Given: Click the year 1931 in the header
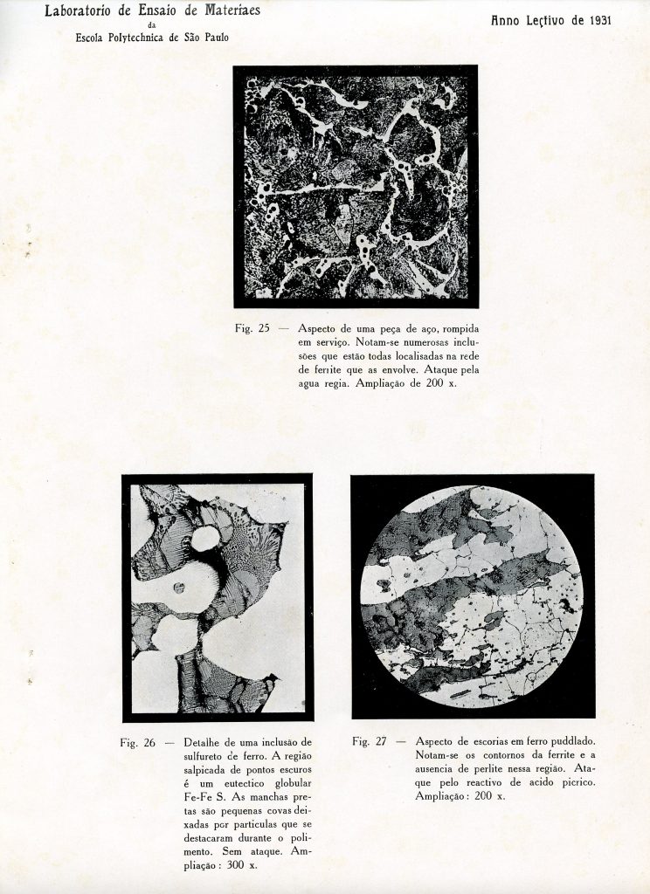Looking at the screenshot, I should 594,19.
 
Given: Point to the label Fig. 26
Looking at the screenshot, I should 138,743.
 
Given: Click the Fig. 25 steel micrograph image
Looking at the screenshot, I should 356,186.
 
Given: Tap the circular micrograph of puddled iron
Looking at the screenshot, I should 472,596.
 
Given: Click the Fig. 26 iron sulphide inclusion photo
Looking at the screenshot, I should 218,597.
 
